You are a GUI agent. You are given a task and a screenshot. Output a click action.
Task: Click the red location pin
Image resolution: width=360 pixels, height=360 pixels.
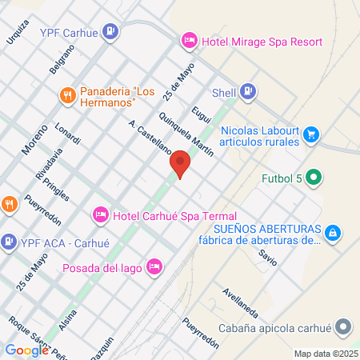click(x=181, y=165)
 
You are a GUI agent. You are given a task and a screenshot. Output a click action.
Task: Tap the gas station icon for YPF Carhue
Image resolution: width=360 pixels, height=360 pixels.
click(x=110, y=33)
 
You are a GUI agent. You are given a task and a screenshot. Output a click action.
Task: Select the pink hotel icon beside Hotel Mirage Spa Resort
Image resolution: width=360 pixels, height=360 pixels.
click(x=190, y=38)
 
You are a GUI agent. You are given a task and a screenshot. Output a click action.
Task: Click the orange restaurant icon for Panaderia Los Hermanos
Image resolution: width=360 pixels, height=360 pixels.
click(x=68, y=96)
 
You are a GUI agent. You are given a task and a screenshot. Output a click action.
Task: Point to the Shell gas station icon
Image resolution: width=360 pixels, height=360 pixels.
click(x=249, y=91)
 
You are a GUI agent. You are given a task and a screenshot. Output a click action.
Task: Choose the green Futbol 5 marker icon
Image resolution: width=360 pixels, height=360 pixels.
click(x=314, y=178)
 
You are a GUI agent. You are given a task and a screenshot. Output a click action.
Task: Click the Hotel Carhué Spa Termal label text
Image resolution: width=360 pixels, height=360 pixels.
click(x=175, y=216)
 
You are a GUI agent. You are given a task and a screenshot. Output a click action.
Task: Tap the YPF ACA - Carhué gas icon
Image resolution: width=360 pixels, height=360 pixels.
click(x=9, y=239)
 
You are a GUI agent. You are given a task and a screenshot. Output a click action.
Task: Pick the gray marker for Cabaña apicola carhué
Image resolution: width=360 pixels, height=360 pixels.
click(x=343, y=328)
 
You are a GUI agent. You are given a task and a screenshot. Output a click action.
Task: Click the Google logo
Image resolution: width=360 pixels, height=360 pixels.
click(x=26, y=350)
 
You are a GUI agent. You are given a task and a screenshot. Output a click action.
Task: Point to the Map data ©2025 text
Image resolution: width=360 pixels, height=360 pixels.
click(x=326, y=354)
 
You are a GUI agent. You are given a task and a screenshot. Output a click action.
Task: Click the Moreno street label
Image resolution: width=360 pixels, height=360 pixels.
click(x=34, y=138)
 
